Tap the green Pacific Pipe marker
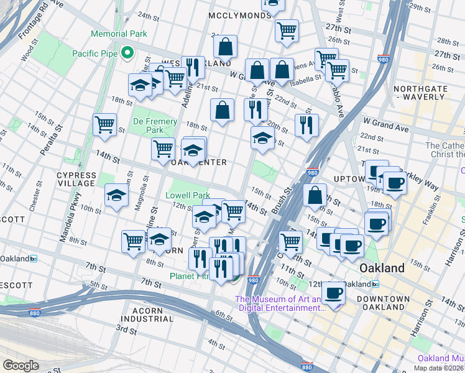tap(129, 53)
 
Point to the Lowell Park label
tap(187, 195)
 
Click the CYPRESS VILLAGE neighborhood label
tap(76, 180)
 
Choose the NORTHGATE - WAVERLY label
tap(430, 93)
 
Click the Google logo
tap(21, 365)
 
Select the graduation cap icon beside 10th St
tap(116, 196)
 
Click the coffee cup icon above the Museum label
tap(333, 292)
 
